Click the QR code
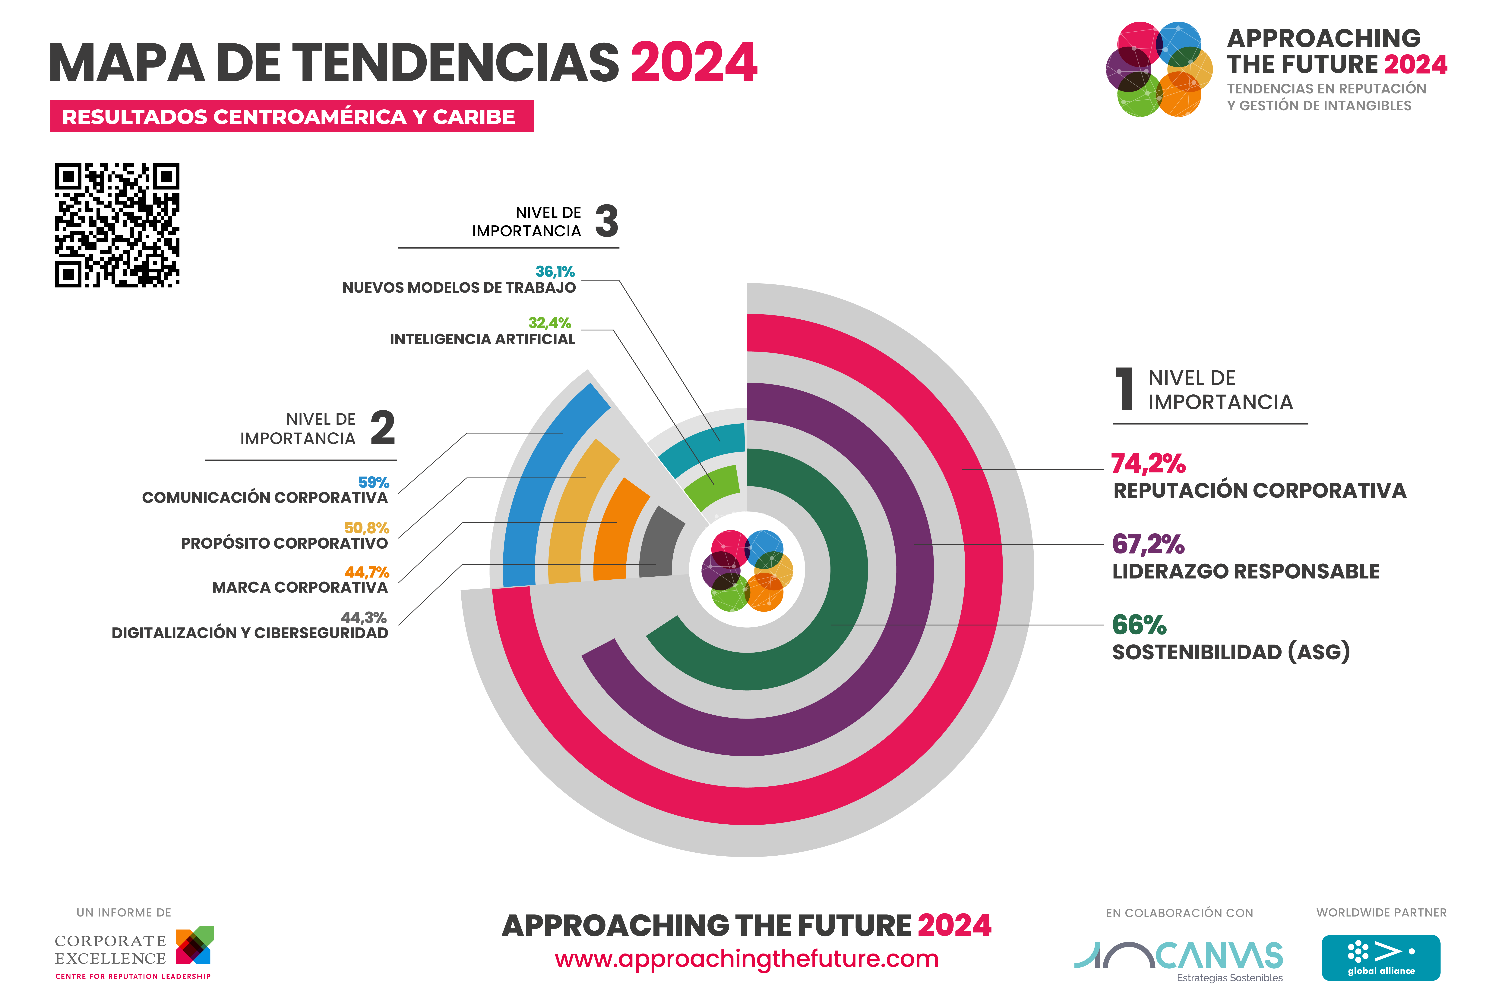pos(117,225)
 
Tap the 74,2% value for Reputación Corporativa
pos(1148,463)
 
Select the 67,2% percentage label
pos(1148,544)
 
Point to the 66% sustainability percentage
pos(1139,625)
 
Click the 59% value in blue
pos(374,482)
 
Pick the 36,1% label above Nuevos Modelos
pos(555,271)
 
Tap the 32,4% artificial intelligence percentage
pos(549,323)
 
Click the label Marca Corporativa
pos(300,587)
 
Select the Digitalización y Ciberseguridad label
pos(250,633)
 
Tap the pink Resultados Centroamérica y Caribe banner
pos(292,116)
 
